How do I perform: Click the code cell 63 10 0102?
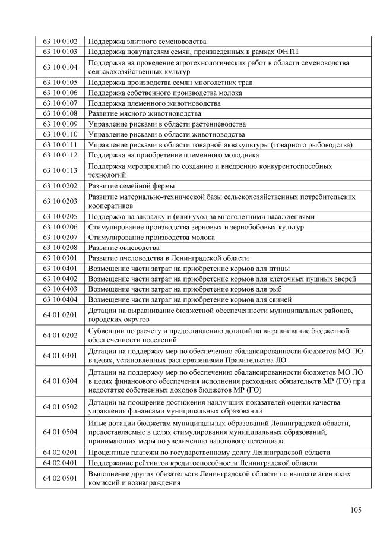pos(60,42)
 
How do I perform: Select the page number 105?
pos(356,510)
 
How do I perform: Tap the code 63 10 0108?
pos(60,113)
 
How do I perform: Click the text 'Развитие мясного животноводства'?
pos(144,113)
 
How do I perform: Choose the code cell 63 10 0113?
pos(60,170)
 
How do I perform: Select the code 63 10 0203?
pos(60,201)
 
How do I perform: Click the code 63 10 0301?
pos(60,258)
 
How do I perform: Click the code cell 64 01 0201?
pos(60,314)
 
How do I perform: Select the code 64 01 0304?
pos(60,381)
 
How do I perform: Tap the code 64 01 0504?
pos(60,432)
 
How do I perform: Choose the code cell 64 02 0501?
pos(60,478)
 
